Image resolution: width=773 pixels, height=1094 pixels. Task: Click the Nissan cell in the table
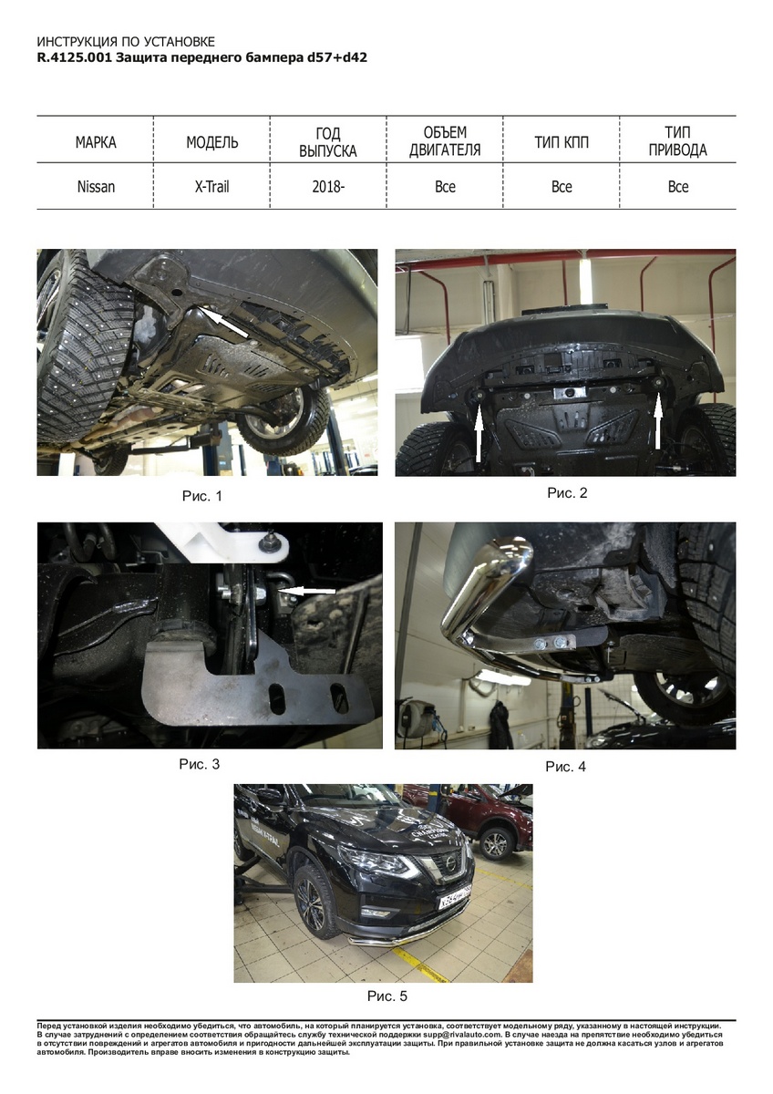pyautogui.click(x=96, y=187)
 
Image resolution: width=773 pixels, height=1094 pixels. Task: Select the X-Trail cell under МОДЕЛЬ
pyautogui.click(x=211, y=187)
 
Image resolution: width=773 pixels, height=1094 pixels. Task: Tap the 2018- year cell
pyautogui.click(x=328, y=187)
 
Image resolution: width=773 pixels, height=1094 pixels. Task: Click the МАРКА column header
pyautogui.click(x=96, y=142)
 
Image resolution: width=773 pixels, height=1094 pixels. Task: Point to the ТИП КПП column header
pyautogui.click(x=562, y=142)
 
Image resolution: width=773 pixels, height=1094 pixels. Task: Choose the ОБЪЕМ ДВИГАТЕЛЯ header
pyautogui.click(x=445, y=141)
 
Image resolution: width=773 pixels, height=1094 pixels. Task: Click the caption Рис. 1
pyautogui.click(x=202, y=496)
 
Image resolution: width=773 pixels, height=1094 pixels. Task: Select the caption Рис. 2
pyautogui.click(x=567, y=493)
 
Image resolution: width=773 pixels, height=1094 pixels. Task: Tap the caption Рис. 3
pyautogui.click(x=200, y=764)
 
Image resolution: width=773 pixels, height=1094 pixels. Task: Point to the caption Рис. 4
pyautogui.click(x=565, y=767)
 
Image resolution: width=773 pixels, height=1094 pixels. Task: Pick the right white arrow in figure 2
pyautogui.click(x=657, y=420)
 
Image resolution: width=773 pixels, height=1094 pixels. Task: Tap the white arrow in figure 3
pyautogui.click(x=306, y=592)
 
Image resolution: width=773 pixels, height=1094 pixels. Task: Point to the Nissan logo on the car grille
pyautogui.click(x=451, y=863)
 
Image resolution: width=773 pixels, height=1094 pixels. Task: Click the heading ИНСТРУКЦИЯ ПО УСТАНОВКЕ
pyautogui.click(x=126, y=42)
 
